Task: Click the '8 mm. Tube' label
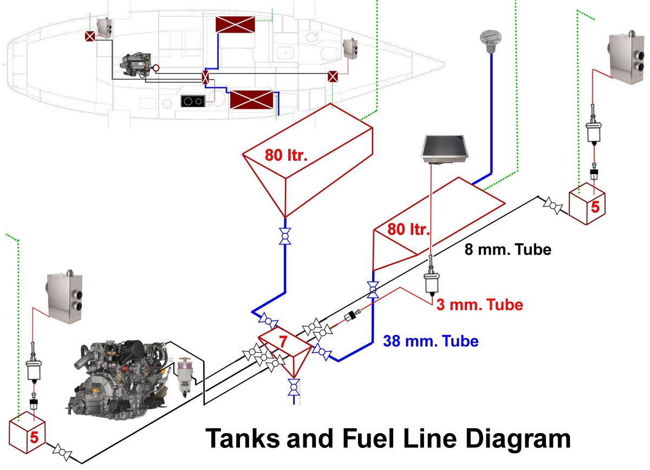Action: [508, 250]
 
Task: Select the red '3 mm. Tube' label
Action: [479, 305]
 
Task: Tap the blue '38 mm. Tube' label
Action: [431, 342]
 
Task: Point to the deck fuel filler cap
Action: [489, 40]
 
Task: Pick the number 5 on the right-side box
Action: [595, 207]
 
